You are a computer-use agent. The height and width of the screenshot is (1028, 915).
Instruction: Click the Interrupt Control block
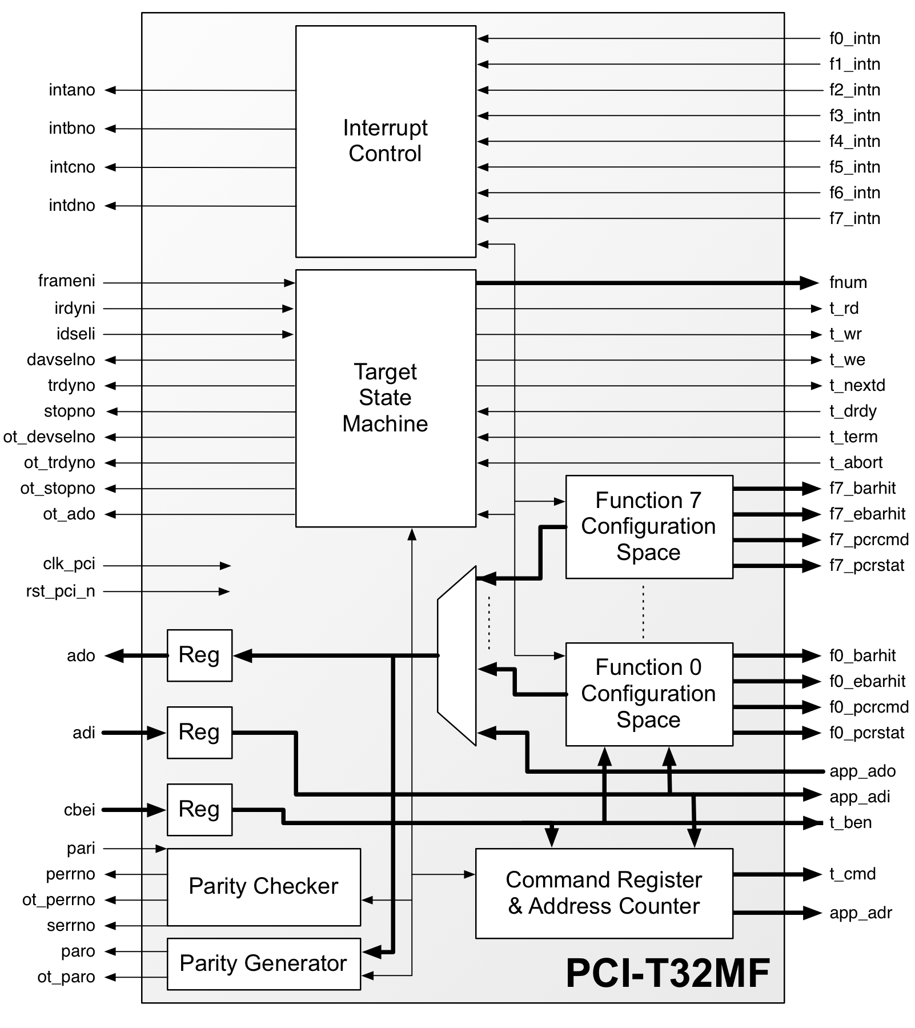tap(386, 141)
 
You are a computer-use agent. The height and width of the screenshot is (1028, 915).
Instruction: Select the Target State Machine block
tap(386, 398)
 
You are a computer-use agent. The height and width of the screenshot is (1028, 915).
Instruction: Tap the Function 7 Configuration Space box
tap(649, 526)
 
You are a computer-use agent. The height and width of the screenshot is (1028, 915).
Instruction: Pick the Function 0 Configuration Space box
tap(649, 694)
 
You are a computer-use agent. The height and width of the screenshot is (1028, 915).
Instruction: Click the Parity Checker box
tap(263, 886)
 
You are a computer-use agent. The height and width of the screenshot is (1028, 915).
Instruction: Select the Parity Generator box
tap(263, 963)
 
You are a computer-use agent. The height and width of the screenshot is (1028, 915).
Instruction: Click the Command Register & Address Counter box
tap(604, 893)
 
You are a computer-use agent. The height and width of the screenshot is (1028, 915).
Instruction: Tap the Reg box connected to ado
tap(199, 655)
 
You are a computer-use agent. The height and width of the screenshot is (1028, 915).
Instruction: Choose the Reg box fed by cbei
tap(199, 809)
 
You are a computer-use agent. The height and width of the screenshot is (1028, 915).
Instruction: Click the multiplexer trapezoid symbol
tap(457, 655)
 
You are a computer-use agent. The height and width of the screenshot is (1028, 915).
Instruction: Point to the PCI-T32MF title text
tap(667, 973)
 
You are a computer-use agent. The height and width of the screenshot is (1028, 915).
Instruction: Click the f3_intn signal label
tap(854, 116)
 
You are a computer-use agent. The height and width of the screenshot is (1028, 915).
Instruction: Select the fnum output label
tap(848, 282)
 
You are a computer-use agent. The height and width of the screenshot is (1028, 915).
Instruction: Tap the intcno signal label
tap(73, 167)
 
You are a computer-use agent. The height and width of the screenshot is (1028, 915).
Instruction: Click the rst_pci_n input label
tap(61, 591)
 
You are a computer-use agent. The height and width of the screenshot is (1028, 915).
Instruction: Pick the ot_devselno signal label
tap(50, 437)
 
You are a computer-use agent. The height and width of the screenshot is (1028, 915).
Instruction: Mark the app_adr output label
tap(860, 913)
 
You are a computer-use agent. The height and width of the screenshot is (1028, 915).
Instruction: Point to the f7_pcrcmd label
tap(869, 539)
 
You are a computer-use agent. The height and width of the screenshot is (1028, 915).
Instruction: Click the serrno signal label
tap(71, 926)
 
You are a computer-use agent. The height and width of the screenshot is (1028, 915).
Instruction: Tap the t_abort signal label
tap(856, 462)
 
